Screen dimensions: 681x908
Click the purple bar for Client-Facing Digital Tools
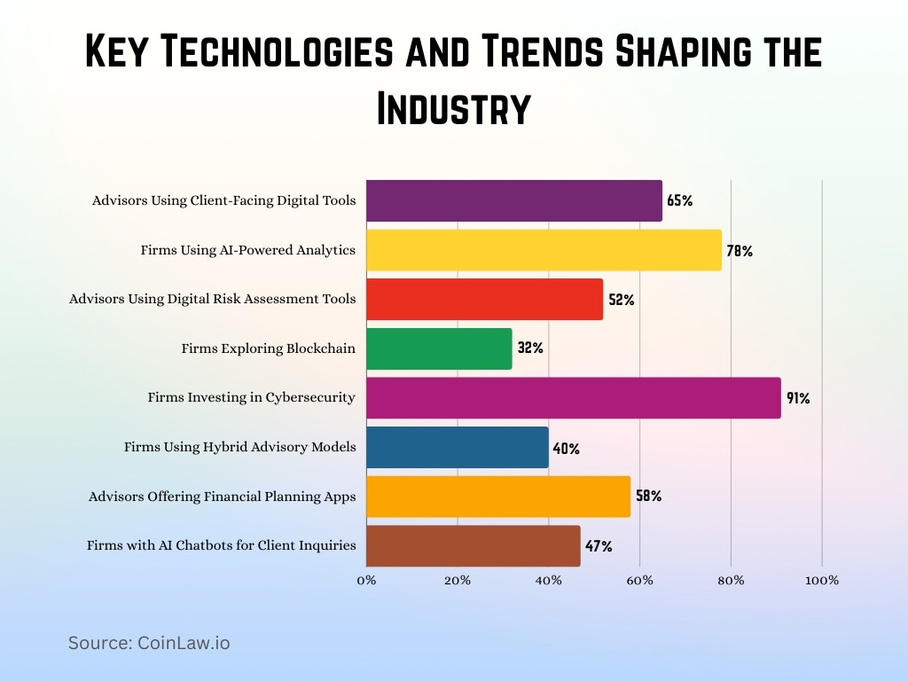[x=514, y=200]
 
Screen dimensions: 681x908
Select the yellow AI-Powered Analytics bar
[x=544, y=250]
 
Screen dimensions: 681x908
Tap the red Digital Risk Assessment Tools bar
[x=484, y=300]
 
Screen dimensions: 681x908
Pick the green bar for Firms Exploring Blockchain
[x=439, y=348]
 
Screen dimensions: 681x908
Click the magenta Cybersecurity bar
[x=574, y=397]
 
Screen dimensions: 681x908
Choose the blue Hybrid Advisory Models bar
[x=458, y=447]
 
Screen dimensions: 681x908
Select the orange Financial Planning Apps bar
[x=498, y=497]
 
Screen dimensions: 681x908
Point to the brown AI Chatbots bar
[x=474, y=546]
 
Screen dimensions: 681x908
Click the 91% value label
[x=798, y=398]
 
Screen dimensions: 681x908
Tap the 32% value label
[x=530, y=348]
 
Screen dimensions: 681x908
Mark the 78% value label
[x=740, y=251]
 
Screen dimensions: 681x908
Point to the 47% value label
[x=599, y=546]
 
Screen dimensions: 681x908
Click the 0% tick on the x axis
[x=366, y=581]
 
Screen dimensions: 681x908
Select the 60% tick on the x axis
[x=640, y=581]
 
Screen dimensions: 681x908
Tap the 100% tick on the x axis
[x=822, y=581]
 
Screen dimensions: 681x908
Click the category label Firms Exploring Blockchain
[x=269, y=348]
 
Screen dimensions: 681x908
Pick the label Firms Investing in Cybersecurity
[x=252, y=397]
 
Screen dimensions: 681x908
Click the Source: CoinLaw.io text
[x=149, y=643]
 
